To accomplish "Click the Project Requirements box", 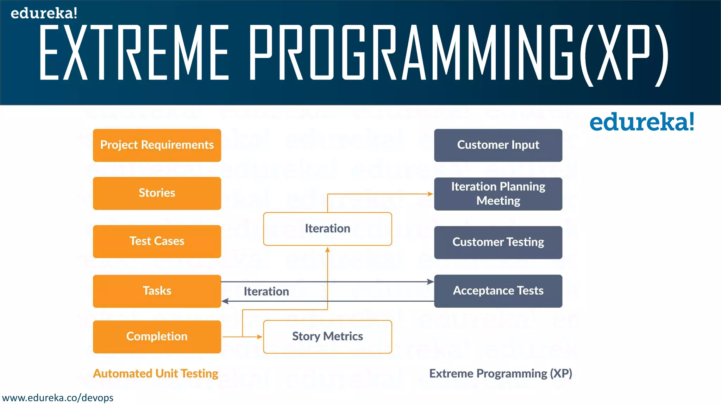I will coord(157,145).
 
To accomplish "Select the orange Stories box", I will coord(157,193).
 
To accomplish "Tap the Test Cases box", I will coord(157,241).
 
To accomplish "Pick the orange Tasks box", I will coord(157,291).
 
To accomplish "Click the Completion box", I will coord(157,336).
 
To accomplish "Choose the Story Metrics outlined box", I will coord(327,336).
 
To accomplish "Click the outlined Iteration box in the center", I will coord(327,229).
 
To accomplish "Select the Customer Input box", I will coord(498,145).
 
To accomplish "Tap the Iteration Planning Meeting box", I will coord(498,194).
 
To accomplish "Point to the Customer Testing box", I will coord(498,242).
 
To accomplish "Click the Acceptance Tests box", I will coord(498,291).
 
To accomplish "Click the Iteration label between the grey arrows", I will coord(266,291).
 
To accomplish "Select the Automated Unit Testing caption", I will coord(156,373).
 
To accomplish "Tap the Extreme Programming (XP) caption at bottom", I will coord(501,373).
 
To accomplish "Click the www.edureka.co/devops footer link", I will coord(58,398).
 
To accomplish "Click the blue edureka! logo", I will coord(641,122).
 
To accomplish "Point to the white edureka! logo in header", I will coord(44,13).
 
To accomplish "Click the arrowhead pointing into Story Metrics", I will coord(260,337).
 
